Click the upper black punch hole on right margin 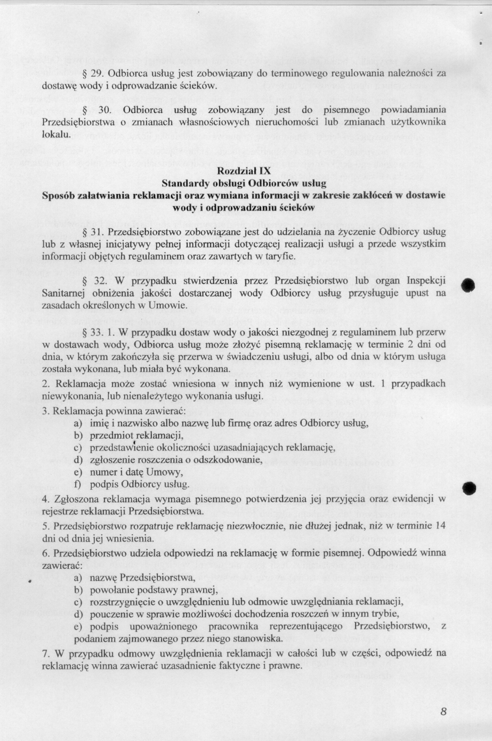point(469,285)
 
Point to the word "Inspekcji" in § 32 point(426,281)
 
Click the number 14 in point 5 point(440,526)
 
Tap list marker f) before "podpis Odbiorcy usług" point(78,485)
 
